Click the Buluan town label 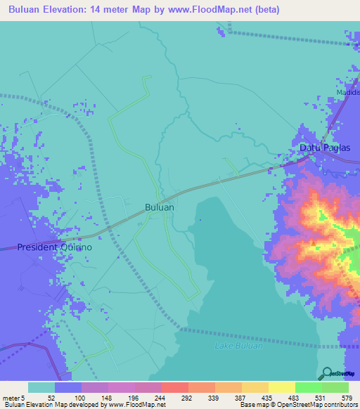[x=159, y=208]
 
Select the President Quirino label [x=55, y=247]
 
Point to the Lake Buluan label [x=238, y=346]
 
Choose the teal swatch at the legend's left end [x=41, y=387]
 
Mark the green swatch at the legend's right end [x=335, y=387]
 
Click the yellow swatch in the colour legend [x=282, y=387]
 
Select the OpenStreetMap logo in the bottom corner [x=338, y=374]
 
